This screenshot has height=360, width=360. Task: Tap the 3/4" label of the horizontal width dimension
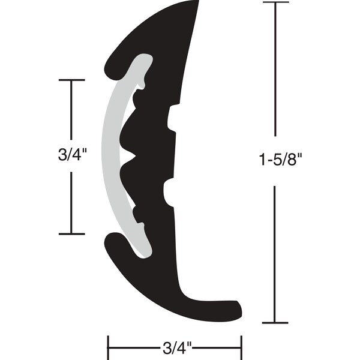point(175,347)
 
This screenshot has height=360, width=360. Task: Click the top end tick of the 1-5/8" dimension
point(275,3)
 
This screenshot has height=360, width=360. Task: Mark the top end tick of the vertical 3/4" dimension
point(72,80)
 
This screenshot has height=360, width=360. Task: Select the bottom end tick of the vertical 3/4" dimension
point(72,234)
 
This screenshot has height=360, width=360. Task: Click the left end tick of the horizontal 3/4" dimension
point(108,346)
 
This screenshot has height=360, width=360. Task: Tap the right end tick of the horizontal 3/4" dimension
point(241,346)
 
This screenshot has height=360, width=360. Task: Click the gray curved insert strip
point(111,156)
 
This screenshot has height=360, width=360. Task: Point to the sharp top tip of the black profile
point(197,2)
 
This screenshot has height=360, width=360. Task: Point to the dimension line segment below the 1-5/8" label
point(275,252)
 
